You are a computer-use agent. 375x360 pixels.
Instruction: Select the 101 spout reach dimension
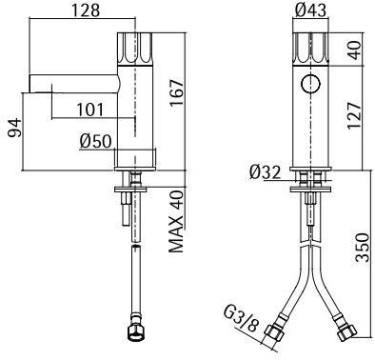tap(90, 110)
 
